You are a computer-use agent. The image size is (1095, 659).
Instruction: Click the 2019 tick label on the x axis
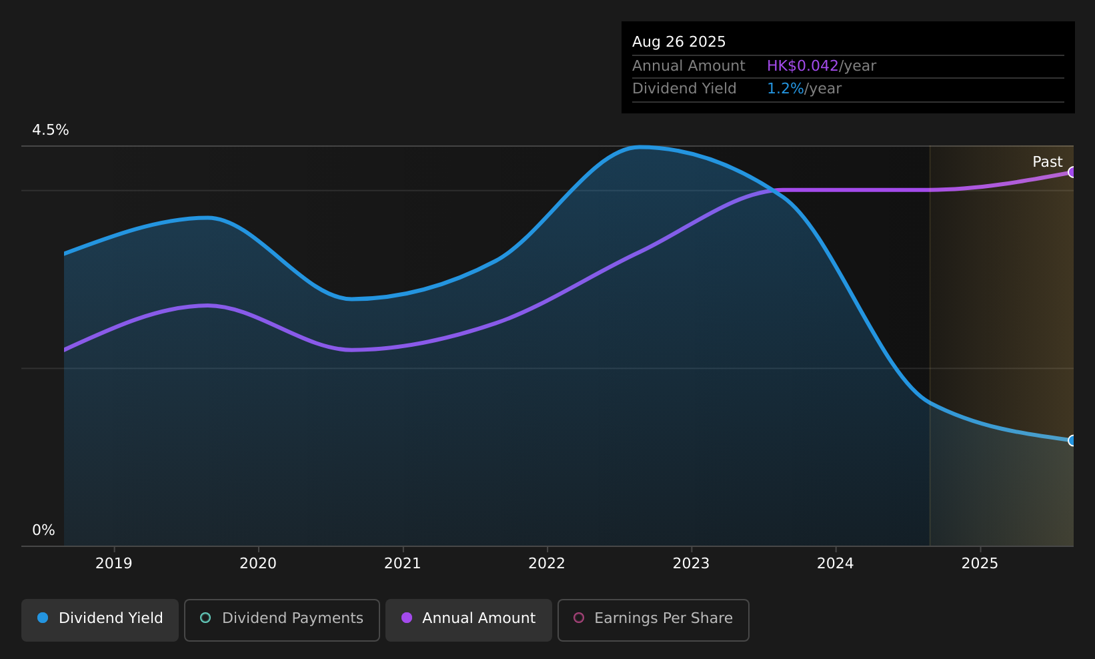[x=114, y=564]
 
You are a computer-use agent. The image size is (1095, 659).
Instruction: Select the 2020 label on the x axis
[x=258, y=564]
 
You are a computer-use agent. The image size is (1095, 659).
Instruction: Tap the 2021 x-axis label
[x=402, y=564]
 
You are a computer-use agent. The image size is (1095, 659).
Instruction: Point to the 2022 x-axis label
[x=547, y=564]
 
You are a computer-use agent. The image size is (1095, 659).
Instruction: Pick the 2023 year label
[x=692, y=564]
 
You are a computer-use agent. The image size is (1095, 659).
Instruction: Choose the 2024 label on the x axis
[x=836, y=564]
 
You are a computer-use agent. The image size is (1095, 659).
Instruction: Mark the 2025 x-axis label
[x=980, y=564]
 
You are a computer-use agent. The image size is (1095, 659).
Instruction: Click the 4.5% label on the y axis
[x=51, y=130]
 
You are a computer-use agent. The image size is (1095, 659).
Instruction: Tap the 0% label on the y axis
[x=43, y=530]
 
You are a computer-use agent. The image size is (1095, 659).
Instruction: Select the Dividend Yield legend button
[x=100, y=620]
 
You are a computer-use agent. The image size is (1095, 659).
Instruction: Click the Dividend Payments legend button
[x=281, y=620]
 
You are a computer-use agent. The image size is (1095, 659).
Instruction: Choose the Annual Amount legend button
[x=468, y=620]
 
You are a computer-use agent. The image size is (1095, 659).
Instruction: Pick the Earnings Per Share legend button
[x=653, y=620]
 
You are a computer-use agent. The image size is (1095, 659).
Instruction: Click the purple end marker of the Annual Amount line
[x=1071, y=172]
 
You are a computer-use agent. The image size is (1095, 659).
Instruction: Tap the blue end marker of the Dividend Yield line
[x=1071, y=440]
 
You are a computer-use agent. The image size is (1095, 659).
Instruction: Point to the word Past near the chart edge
[x=1047, y=162]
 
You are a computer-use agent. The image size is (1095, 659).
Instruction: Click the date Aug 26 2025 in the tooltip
[x=678, y=42]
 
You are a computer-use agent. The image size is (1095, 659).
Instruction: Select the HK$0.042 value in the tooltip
[x=803, y=66]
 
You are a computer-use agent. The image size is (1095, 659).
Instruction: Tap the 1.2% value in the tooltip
[x=785, y=89]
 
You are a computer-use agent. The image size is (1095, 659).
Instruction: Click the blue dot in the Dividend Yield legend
[x=43, y=618]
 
